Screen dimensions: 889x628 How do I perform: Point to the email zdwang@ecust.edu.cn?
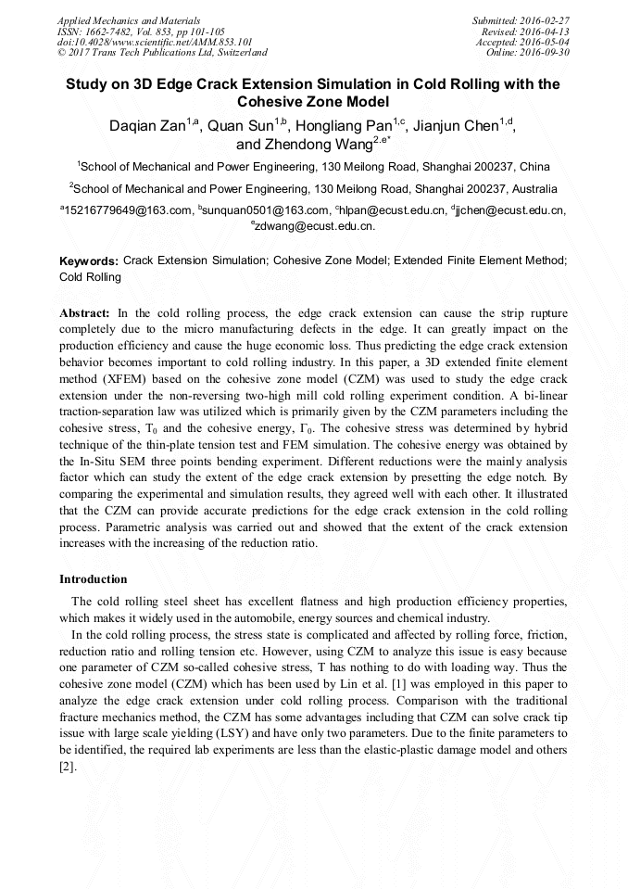(315, 225)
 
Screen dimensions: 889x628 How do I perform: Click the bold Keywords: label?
(88, 262)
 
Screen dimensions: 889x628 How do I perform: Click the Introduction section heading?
(94, 579)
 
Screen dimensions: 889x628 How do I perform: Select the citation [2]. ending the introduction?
(68, 768)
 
